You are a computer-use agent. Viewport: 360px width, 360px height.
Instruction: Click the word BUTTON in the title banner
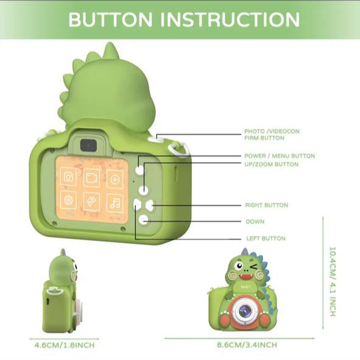[x=110, y=19]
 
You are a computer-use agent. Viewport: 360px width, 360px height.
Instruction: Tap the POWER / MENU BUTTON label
[x=280, y=156]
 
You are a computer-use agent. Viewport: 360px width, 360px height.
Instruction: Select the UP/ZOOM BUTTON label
[x=272, y=164]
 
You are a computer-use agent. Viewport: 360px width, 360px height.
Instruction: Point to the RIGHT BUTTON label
[x=267, y=205]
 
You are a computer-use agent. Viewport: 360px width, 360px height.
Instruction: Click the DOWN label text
[x=255, y=222]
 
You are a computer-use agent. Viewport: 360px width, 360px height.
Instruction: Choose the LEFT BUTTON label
[x=266, y=238]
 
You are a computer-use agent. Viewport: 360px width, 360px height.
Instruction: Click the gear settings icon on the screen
[x=68, y=200]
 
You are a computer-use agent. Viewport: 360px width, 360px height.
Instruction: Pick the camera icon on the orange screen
[x=68, y=176]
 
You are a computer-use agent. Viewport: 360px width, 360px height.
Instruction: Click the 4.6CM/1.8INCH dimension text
[x=65, y=345]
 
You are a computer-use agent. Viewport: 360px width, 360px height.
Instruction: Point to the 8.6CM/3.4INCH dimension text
[x=247, y=345]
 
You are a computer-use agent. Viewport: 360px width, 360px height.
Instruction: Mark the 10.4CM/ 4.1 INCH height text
[x=333, y=281]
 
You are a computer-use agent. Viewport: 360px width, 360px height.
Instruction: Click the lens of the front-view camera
[x=244, y=311]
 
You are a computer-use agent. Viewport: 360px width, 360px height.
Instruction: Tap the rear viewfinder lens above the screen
[x=88, y=146]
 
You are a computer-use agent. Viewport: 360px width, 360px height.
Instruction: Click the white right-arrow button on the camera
[x=150, y=205]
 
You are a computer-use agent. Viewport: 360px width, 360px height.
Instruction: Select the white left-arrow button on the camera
[x=137, y=204]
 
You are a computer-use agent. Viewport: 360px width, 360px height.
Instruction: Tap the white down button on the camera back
[x=144, y=220]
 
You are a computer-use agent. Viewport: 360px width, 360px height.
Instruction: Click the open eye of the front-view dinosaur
[x=239, y=266]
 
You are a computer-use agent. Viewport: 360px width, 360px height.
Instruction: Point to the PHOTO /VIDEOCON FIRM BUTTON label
[x=272, y=135]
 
